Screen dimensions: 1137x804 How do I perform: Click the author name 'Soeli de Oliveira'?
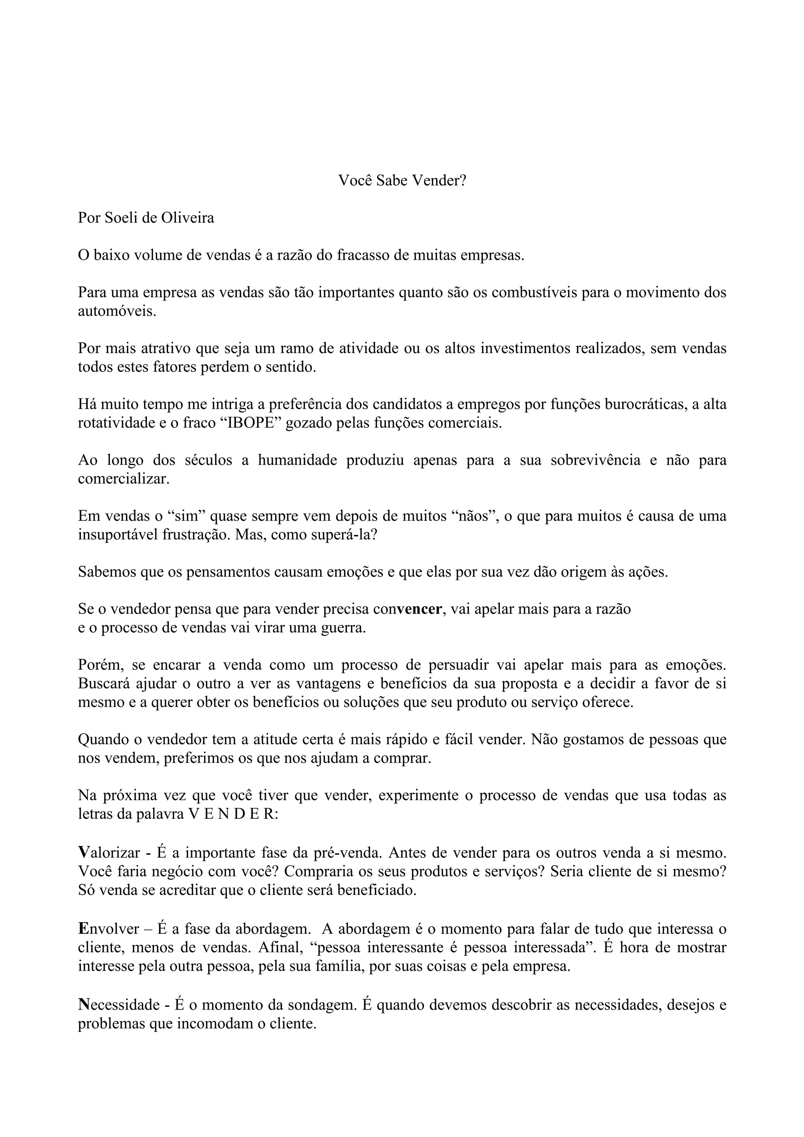click(x=159, y=218)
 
